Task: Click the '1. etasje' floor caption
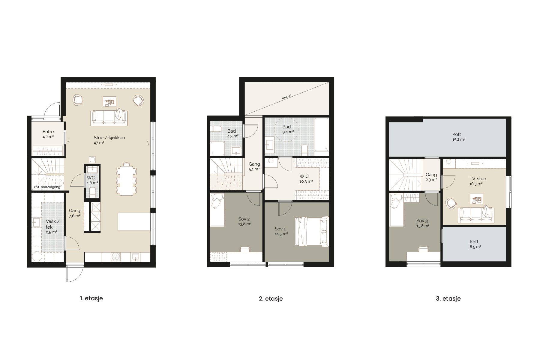click(91, 298)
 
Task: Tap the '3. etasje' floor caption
click(448, 298)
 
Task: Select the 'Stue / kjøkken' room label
click(109, 138)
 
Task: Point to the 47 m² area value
click(99, 143)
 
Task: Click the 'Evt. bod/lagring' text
click(47, 187)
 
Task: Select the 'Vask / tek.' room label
click(52, 224)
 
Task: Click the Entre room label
click(48, 132)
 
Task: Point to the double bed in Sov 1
click(312, 232)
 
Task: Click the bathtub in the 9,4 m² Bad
click(322, 135)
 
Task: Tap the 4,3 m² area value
click(233, 136)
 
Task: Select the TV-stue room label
click(478, 179)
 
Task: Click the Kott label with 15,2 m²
click(457, 134)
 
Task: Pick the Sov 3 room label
click(422, 221)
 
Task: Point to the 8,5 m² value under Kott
click(475, 247)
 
